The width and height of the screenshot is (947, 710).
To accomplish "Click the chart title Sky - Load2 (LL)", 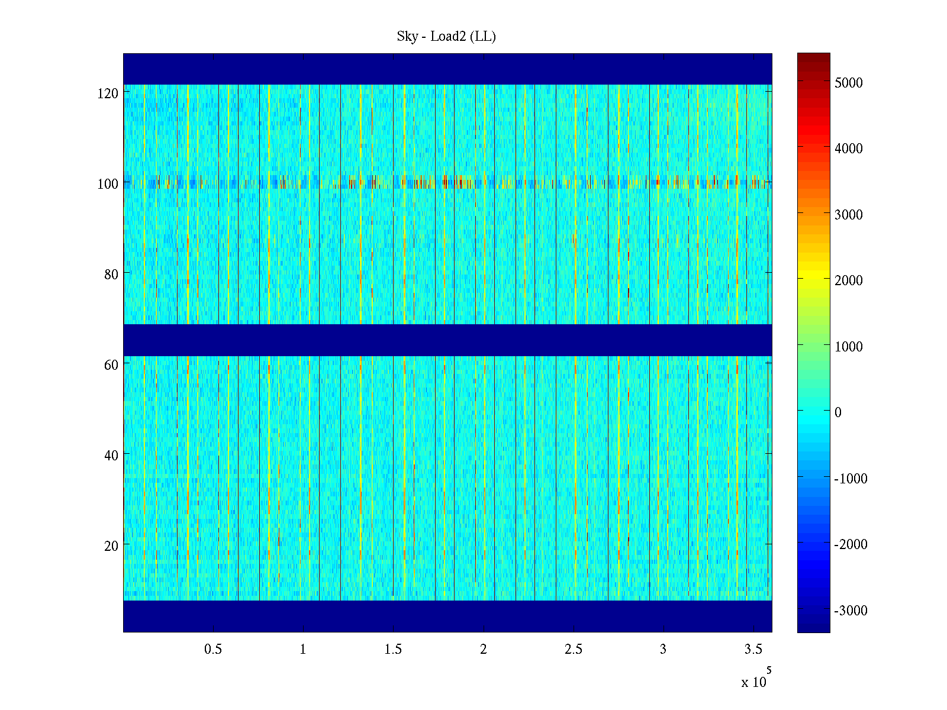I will tap(446, 37).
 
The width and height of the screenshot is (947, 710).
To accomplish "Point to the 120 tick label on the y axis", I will tap(108, 93).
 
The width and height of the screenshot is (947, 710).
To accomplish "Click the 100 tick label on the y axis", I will tap(108, 184).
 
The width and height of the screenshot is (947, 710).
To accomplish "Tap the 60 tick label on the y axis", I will tap(111, 365).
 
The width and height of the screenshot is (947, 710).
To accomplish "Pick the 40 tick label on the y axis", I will tap(111, 456).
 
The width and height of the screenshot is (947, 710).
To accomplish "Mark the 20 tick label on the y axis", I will tap(111, 546).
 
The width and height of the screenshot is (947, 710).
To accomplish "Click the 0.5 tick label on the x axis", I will tap(213, 650).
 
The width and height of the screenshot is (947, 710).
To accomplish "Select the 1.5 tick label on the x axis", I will tap(393, 650).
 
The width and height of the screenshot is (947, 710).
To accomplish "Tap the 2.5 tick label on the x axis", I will tap(574, 650).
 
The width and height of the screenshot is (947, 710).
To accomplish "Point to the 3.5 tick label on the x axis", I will tap(753, 650).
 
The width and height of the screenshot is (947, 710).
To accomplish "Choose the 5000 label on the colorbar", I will tap(849, 83).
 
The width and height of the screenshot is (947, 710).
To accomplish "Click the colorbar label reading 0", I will tap(838, 412).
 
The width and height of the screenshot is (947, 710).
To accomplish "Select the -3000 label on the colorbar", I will tap(851, 611).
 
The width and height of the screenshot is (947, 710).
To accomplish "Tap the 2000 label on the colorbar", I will tap(849, 280).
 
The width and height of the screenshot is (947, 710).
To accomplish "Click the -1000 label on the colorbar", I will tap(851, 479).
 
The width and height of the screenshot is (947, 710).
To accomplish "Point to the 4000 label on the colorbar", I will tap(849, 149).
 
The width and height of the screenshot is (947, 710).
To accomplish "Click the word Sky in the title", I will tap(407, 37).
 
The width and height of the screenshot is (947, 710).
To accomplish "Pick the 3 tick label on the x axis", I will tap(663, 650).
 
